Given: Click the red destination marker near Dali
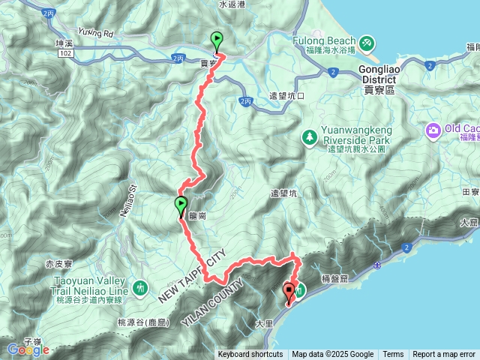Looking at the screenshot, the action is coord(289,292).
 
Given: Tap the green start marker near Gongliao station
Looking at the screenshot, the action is coord(217,40).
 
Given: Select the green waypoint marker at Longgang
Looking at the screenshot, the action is coord(181,205).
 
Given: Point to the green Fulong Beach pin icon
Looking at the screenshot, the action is coord(366,42).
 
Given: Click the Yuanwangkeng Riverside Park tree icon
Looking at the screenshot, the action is coord(309,137).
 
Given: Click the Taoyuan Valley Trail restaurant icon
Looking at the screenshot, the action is coord(140,287).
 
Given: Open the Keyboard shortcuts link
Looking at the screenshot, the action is coord(250,355).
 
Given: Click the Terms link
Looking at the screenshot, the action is coord(393,355).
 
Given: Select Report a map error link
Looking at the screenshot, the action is coord(444,355).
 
